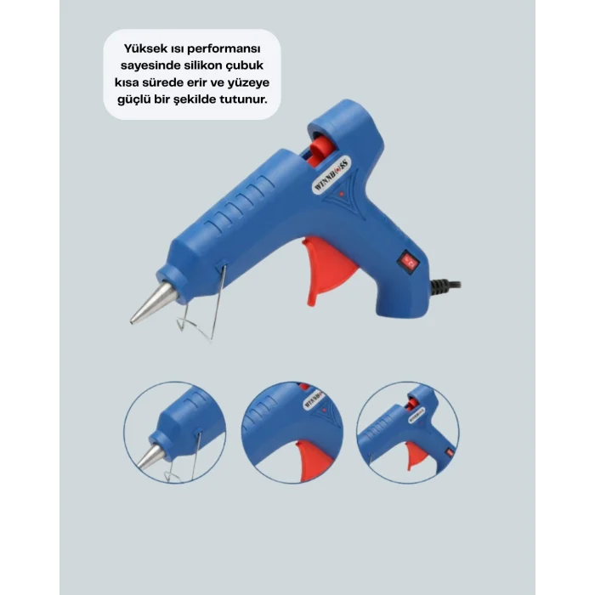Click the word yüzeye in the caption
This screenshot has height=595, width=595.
[248, 83]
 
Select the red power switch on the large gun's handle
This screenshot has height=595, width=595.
[407, 261]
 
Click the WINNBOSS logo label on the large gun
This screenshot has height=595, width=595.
[331, 176]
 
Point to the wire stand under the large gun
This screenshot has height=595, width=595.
[202, 307]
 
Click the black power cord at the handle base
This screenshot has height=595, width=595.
[445, 286]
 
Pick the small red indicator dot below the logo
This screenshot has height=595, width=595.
[342, 194]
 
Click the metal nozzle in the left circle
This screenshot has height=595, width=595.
[150, 456]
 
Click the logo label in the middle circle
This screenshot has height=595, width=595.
[314, 399]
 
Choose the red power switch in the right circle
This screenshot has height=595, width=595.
[450, 452]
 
